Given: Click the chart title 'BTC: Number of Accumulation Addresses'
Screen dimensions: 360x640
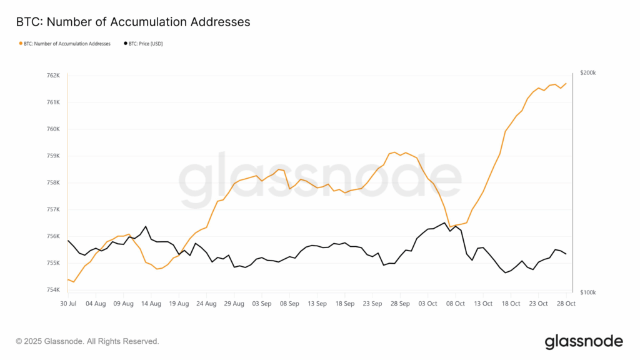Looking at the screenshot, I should click(x=132, y=22).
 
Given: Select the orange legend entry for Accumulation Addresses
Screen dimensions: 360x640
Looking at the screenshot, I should click(x=65, y=44).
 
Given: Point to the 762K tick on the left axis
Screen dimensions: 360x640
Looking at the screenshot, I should click(x=54, y=76).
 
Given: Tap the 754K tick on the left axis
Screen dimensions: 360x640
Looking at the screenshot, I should click(x=54, y=290).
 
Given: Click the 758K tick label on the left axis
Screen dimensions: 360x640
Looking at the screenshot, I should click(x=54, y=183).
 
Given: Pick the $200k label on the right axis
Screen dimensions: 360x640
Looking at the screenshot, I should click(x=587, y=73).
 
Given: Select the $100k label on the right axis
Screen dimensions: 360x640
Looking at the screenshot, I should click(x=587, y=292).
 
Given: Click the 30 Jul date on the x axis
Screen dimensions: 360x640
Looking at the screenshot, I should click(x=67, y=303).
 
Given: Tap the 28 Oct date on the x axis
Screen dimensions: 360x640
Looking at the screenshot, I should click(x=566, y=303).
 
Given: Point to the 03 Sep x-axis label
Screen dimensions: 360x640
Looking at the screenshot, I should click(x=261, y=303).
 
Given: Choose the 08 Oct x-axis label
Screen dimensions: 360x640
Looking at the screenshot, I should click(x=455, y=303).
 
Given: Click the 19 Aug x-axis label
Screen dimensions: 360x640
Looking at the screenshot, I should click(x=178, y=303).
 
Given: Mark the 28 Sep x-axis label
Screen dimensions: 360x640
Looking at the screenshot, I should click(x=400, y=303).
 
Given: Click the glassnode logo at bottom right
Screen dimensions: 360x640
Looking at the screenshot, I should click(x=584, y=341).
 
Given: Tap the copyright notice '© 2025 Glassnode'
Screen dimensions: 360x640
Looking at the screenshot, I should click(x=87, y=341).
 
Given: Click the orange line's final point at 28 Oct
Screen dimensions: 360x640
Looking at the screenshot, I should click(x=566, y=83).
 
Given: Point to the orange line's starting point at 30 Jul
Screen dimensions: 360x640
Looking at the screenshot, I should click(x=67, y=279).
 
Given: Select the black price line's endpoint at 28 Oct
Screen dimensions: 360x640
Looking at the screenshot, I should click(x=566, y=254).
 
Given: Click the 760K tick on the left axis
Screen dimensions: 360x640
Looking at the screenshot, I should click(x=54, y=129).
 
